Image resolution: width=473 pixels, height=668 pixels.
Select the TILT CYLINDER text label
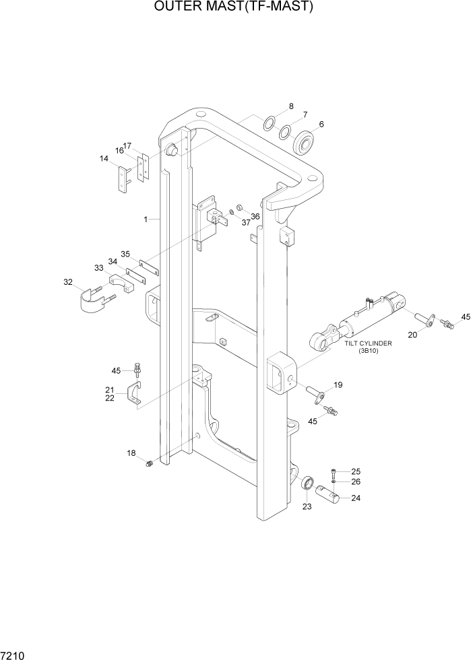368,343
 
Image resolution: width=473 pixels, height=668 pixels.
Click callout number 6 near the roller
321,124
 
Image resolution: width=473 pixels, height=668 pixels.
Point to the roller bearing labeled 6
307,141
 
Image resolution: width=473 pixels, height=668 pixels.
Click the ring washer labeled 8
267,123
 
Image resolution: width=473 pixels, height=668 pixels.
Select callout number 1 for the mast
146,219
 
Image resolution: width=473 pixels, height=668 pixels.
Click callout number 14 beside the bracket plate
104,158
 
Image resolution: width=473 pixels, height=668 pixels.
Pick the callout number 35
125,254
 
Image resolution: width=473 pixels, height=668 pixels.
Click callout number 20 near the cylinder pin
413,334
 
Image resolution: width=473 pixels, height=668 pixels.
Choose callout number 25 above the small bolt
356,471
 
